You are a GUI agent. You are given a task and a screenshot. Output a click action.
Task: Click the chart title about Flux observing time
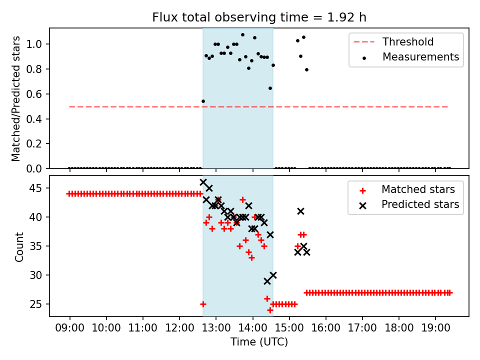259,17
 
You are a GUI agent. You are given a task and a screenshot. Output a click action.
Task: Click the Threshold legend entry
408,42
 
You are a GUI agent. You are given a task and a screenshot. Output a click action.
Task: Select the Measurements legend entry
420,57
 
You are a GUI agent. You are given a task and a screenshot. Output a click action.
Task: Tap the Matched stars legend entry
418,189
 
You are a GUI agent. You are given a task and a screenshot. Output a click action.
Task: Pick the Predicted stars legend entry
420,204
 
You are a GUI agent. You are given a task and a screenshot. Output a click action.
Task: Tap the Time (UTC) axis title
259,342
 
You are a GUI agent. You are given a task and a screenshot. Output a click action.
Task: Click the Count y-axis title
19,246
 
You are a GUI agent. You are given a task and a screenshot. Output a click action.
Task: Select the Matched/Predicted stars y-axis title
16,98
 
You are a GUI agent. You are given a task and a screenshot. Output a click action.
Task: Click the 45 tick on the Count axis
39,188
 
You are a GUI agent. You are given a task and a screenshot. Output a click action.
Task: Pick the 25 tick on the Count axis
39,304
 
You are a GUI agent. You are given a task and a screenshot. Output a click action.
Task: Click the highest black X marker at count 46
203,182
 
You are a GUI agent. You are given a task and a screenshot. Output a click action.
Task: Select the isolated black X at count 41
300,211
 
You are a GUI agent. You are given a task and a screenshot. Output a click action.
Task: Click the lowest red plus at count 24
270,310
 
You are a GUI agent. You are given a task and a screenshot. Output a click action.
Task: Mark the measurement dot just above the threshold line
203,101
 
